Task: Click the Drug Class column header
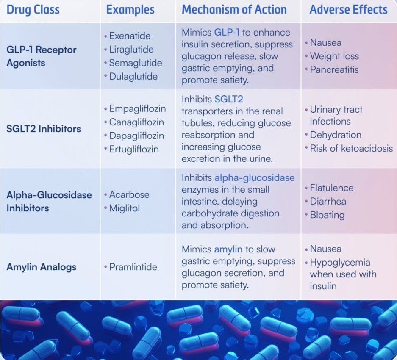(33, 10)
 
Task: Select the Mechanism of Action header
(234, 10)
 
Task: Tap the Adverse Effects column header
(348, 10)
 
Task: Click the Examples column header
(130, 10)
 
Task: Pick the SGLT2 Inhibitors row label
(44, 129)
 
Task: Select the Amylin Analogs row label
(41, 267)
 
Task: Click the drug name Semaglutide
(136, 63)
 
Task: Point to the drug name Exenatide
(130, 36)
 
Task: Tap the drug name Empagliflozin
(137, 109)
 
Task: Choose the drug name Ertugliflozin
(134, 149)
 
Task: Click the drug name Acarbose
(129, 195)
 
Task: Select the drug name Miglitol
(124, 208)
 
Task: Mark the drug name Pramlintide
(133, 267)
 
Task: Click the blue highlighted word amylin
(228, 249)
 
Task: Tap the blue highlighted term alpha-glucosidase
(255, 178)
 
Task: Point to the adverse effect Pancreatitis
(334, 69)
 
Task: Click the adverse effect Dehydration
(336, 135)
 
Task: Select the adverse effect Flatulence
(332, 188)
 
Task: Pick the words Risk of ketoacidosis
(351, 148)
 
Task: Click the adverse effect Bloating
(327, 215)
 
